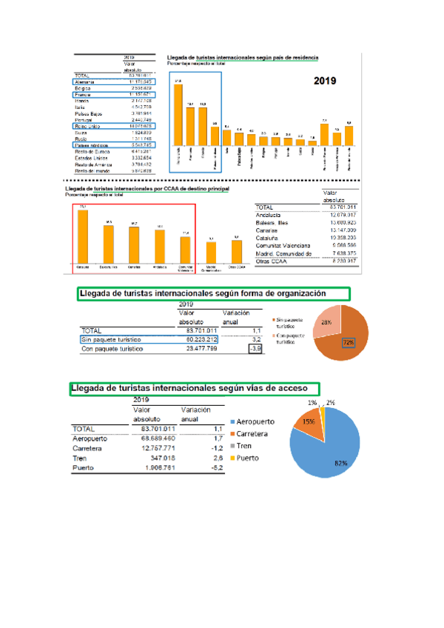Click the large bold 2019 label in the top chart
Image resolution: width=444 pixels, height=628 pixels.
326,81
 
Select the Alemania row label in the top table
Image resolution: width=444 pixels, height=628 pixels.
87,81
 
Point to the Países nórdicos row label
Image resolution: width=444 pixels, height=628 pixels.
91,145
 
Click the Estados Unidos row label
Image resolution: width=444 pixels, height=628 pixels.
91,158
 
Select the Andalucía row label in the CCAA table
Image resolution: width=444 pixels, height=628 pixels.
272,216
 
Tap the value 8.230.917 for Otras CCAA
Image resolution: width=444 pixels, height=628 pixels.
337,260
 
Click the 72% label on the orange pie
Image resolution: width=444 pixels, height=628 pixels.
348,342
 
